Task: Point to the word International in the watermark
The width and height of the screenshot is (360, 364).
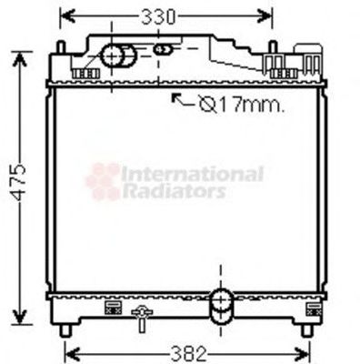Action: click(x=192, y=173)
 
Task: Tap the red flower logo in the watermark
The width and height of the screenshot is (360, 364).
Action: click(x=103, y=181)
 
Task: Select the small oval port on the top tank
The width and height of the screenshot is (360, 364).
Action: click(x=163, y=49)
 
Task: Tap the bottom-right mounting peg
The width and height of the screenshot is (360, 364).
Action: click(x=306, y=329)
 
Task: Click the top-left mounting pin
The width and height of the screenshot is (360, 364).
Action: click(x=60, y=46)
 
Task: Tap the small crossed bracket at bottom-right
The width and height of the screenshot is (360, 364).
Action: click(x=315, y=308)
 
